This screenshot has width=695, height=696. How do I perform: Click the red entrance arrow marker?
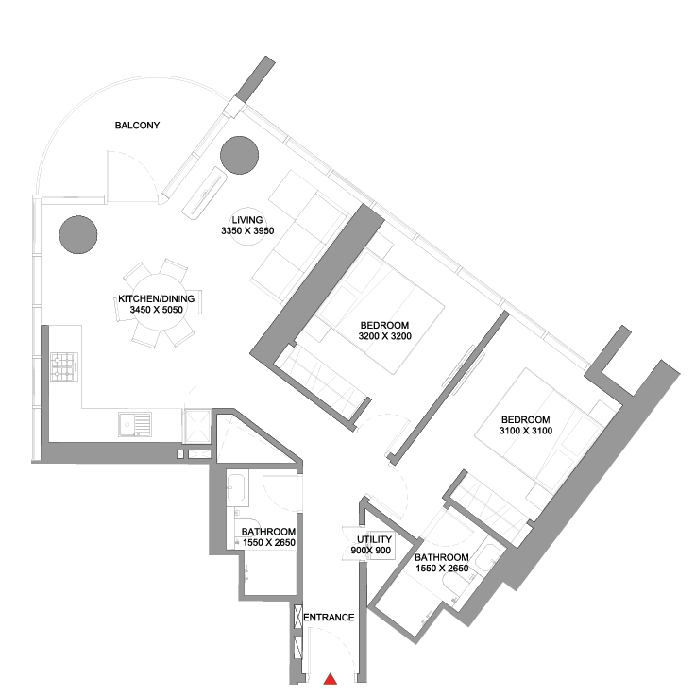pyautogui.click(x=330, y=679)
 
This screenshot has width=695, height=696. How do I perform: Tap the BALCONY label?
pyautogui.click(x=137, y=126)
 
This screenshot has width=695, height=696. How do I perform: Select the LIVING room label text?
pyautogui.click(x=247, y=220)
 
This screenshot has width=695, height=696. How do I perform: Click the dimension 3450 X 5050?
pyautogui.click(x=156, y=310)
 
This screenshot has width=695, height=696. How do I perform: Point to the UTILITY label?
pyautogui.click(x=374, y=539)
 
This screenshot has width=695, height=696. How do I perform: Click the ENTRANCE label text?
pyautogui.click(x=329, y=617)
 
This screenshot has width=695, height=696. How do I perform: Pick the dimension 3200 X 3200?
pyautogui.click(x=384, y=336)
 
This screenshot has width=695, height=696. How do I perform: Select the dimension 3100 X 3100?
pyautogui.click(x=526, y=430)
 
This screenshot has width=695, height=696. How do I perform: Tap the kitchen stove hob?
pyautogui.click(x=64, y=366)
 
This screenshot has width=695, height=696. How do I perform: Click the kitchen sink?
pyautogui.click(x=135, y=424)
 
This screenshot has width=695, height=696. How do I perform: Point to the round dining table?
pyautogui.click(x=159, y=302)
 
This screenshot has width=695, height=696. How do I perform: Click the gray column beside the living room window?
pyautogui.click(x=240, y=156)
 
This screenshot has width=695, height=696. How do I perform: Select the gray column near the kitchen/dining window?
pyautogui.click(x=78, y=235)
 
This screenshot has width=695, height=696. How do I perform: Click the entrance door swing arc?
pyautogui.click(x=333, y=653)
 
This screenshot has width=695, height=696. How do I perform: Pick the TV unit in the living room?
pyautogui.click(x=205, y=193)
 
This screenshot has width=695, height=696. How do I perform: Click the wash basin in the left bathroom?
pyautogui.click(x=236, y=488)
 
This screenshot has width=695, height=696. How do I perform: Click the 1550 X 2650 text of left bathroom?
pyautogui.click(x=269, y=542)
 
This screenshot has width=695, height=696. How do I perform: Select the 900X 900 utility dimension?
pyautogui.click(x=371, y=551)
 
